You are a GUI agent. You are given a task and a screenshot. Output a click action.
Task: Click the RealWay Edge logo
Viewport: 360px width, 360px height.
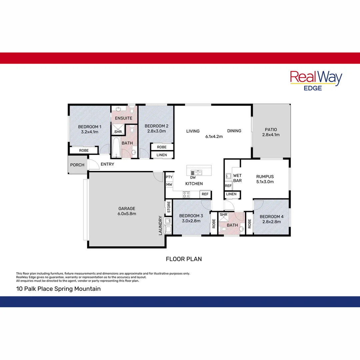[x=316, y=80]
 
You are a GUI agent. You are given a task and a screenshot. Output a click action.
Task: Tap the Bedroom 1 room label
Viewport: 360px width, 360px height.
[x=90, y=127]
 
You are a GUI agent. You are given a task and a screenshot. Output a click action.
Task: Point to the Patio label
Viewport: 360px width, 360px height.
[x=271, y=130]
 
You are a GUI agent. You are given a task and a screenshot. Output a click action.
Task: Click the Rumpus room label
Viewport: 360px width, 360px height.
[x=265, y=177]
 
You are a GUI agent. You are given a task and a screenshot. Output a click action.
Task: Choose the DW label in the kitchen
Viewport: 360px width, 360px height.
[x=193, y=177]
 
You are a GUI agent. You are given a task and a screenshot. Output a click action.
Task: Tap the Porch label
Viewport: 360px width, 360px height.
[x=77, y=165]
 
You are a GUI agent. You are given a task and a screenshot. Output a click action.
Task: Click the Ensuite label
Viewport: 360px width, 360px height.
[x=124, y=118]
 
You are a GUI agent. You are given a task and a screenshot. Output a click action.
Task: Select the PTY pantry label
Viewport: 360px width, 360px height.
[x=169, y=177]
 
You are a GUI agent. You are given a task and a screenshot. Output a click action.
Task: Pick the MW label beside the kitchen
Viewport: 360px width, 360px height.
[x=169, y=184]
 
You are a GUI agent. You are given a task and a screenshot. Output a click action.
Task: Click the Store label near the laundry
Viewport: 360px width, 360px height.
[x=169, y=207]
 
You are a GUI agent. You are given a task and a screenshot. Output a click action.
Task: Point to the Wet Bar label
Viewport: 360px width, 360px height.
[x=237, y=178]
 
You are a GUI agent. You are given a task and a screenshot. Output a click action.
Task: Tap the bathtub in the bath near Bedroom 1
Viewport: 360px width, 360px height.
[x=116, y=148]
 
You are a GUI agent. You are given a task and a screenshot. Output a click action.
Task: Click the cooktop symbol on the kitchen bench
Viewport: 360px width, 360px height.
[x=186, y=194]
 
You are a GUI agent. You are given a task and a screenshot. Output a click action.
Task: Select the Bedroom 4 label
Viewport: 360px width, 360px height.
[x=272, y=217]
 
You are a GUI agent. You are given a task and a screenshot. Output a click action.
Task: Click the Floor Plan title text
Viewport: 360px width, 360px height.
[x=184, y=259]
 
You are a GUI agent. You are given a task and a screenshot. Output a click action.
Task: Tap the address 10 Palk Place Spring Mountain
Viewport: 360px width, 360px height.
[x=58, y=289]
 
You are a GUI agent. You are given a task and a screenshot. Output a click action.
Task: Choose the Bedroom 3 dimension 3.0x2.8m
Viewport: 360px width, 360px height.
[x=189, y=221]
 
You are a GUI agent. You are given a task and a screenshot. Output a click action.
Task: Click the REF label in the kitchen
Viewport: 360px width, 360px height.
[x=205, y=194]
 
